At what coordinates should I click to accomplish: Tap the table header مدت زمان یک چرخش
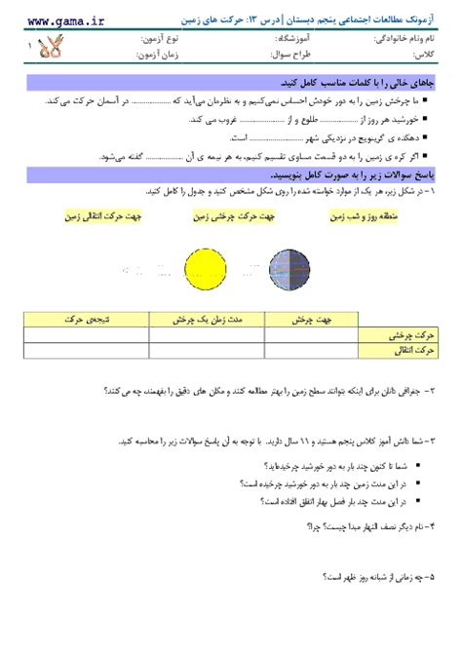click(192, 319)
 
